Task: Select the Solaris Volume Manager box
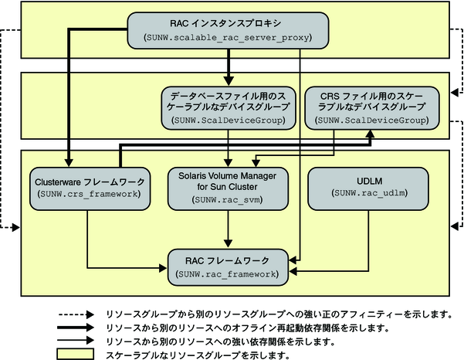coord(228,187)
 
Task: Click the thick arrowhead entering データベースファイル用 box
coord(228,80)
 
